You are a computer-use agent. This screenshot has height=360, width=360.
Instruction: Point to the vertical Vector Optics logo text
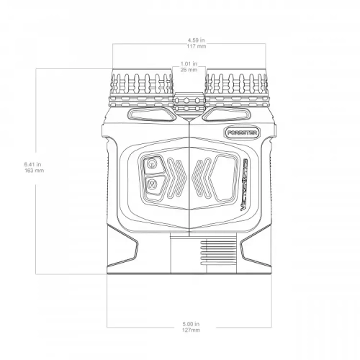pyautogui.click(x=245, y=183)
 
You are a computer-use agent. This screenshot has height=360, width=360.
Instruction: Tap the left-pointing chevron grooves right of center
pyautogui.click(x=202, y=179)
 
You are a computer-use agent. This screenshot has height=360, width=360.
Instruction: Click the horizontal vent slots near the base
pyautogui.click(x=210, y=255)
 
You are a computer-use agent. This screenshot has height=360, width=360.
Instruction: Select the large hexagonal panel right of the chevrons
pyautogui.click(x=225, y=179)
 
